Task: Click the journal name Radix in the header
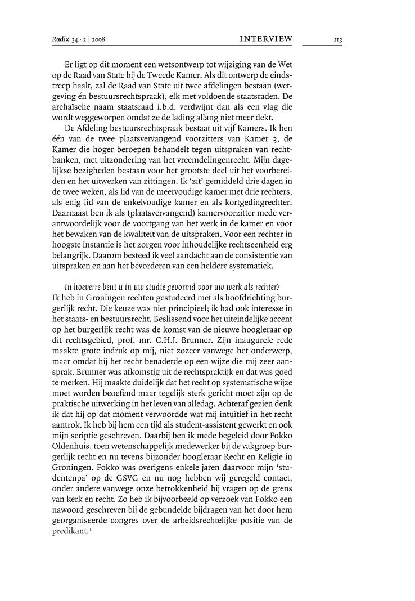[60, 39]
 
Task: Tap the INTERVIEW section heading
[266, 39]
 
